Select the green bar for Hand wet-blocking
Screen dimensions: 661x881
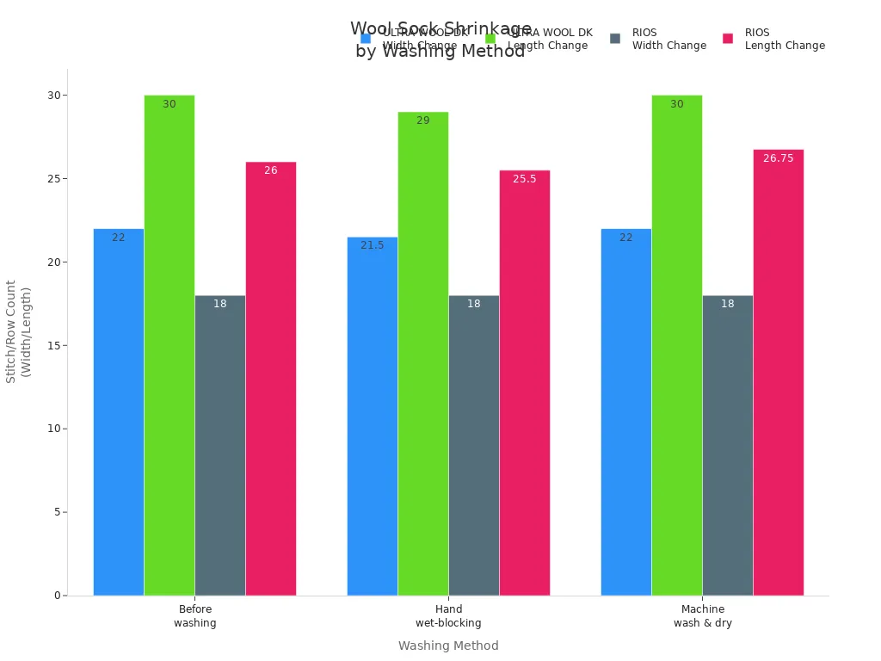(x=423, y=353)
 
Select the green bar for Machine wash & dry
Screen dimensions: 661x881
(x=677, y=344)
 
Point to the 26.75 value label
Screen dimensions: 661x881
(x=779, y=158)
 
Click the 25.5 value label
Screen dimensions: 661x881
(x=525, y=179)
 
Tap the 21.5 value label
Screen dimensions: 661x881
(x=373, y=245)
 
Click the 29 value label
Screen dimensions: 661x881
(x=423, y=120)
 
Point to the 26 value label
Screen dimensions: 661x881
(x=271, y=170)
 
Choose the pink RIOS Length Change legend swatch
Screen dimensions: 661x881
(x=728, y=39)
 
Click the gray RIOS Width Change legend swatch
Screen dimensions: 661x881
(x=615, y=39)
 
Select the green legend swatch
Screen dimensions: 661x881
(x=490, y=39)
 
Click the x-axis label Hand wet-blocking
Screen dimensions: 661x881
(x=448, y=616)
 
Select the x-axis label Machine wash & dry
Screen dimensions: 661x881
(x=702, y=616)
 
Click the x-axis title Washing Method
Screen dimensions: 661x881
(x=448, y=646)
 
